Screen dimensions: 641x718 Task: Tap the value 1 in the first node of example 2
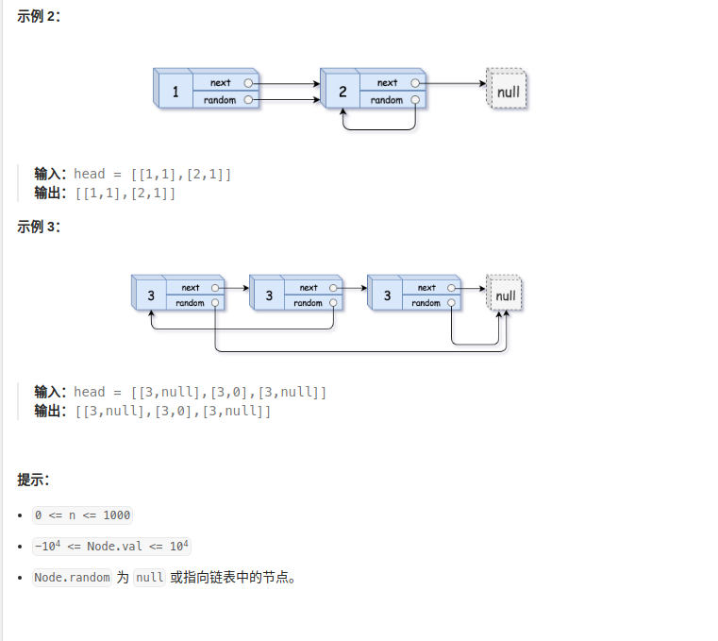tap(175, 92)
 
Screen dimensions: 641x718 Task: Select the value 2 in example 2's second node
tap(342, 92)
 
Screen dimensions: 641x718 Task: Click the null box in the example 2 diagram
tap(508, 92)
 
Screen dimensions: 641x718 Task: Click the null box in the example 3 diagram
tap(506, 295)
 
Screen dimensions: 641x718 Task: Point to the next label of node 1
tap(221, 83)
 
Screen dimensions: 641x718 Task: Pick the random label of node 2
tap(387, 100)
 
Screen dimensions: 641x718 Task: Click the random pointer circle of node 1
tap(248, 100)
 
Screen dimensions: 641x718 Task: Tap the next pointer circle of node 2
tap(415, 83)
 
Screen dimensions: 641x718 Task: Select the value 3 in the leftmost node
tap(151, 295)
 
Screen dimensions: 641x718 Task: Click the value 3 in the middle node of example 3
tap(269, 295)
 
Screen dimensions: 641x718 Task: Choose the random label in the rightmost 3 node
tap(426, 303)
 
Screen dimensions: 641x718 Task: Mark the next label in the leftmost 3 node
tap(191, 288)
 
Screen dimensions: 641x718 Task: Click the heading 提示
tap(33, 480)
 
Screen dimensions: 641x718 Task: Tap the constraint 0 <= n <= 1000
tap(82, 515)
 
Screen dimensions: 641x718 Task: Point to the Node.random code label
tap(72, 578)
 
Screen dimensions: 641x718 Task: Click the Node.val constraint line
tap(111, 547)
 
